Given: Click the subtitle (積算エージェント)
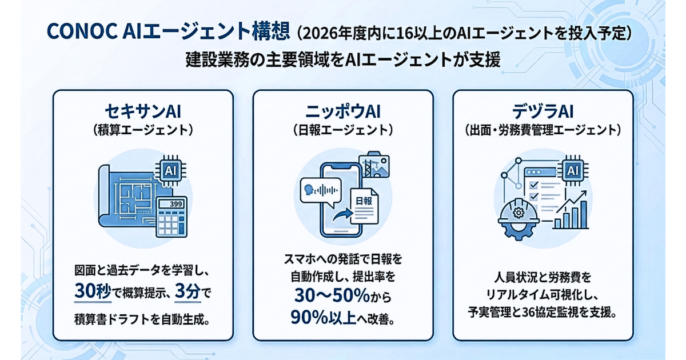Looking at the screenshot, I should (x=142, y=130).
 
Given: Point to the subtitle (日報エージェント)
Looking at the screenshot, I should (x=342, y=130).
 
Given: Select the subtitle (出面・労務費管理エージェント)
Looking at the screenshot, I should (x=543, y=130).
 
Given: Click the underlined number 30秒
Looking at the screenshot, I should (x=92, y=292).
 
